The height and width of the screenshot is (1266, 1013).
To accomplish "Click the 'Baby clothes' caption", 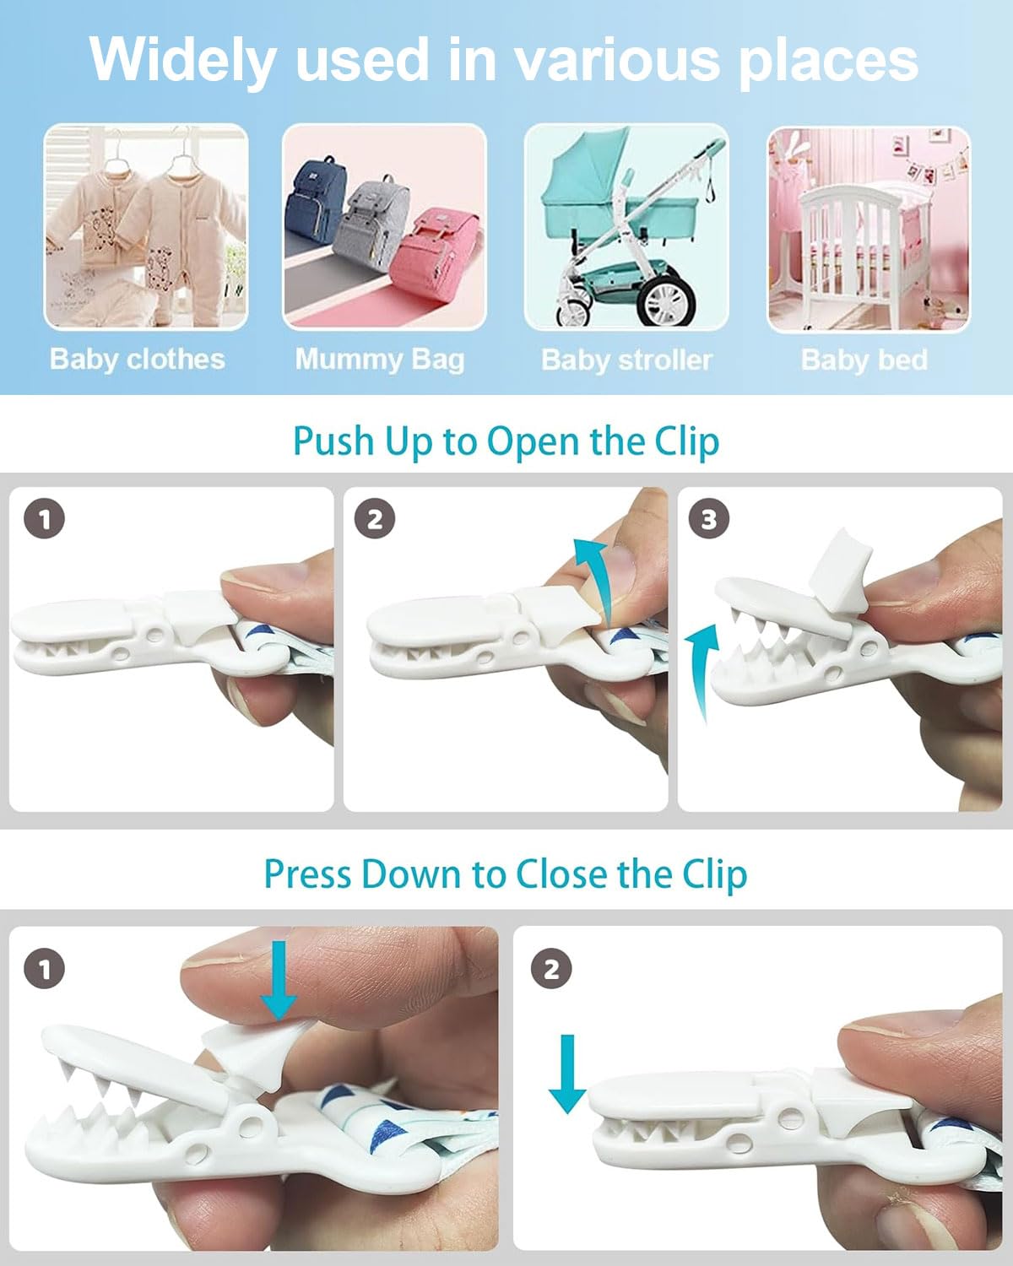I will click(138, 360).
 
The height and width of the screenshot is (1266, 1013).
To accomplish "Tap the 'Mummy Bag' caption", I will click(379, 360).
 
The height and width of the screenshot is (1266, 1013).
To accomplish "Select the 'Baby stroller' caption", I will click(626, 360).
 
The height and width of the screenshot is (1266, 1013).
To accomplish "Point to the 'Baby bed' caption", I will click(864, 360).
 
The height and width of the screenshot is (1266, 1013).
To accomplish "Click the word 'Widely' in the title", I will click(182, 59).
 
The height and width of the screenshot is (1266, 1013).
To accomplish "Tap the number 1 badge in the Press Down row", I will click(45, 969).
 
